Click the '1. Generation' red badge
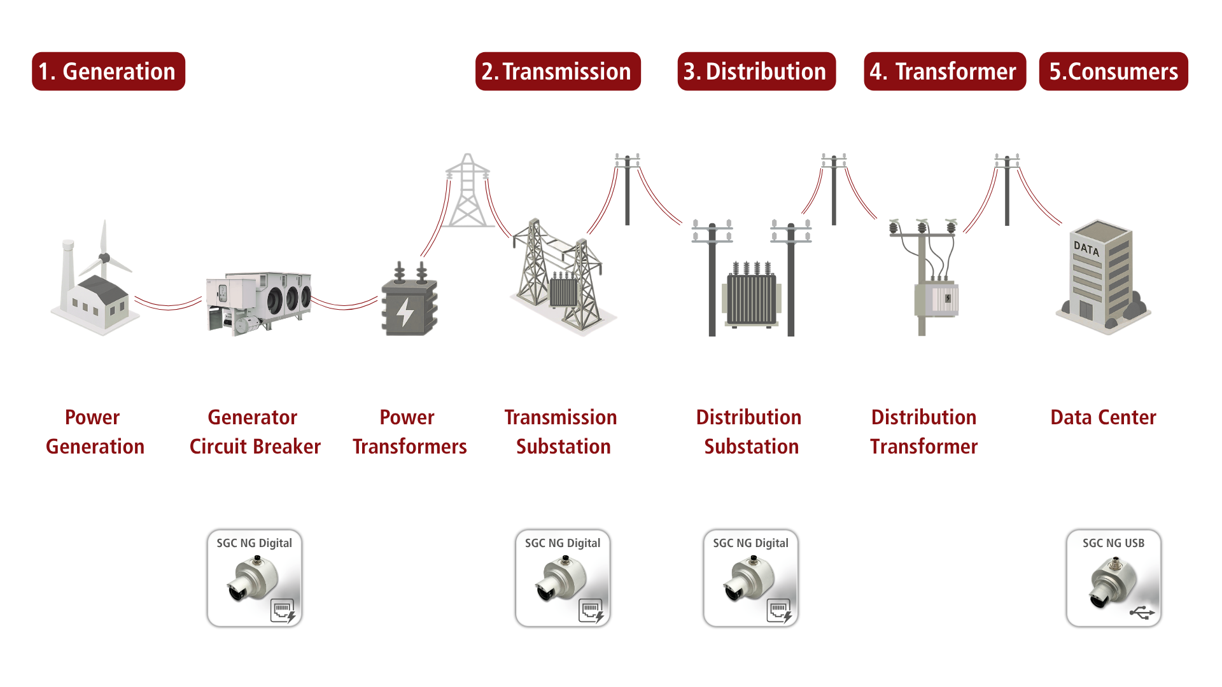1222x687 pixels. (108, 71)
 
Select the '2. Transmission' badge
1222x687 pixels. (558, 71)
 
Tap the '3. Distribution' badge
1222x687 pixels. (756, 71)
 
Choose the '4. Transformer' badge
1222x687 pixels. (945, 71)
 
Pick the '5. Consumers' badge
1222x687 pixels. (1113, 71)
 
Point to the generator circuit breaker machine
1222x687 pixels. (258, 302)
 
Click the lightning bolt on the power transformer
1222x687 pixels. (405, 312)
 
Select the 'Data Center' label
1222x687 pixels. (1103, 417)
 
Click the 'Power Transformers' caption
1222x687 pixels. (409, 432)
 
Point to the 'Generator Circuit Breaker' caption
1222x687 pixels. (255, 432)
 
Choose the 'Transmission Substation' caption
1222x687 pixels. (561, 432)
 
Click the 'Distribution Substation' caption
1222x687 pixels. (749, 432)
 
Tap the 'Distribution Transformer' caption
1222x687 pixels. (924, 432)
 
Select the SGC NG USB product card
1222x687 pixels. (1113, 578)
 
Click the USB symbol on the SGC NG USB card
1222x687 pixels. (1142, 613)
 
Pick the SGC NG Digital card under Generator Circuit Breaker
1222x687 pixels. (255, 578)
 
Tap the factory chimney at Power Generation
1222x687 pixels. (67, 267)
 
